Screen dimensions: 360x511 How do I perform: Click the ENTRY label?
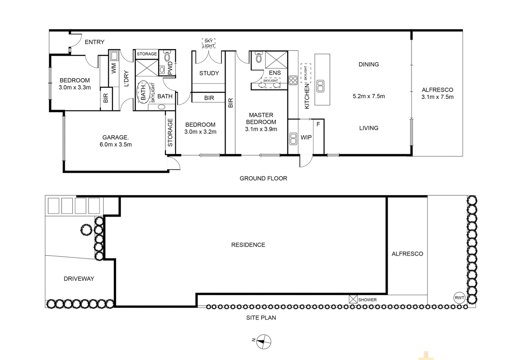94,42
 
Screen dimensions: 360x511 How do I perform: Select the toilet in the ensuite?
258,58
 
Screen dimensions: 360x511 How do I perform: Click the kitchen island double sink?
320,86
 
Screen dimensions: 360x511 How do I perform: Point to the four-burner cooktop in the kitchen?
293,80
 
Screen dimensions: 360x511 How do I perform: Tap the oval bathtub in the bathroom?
143,92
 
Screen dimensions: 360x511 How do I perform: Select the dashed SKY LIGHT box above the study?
208,43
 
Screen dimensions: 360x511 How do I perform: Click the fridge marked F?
318,124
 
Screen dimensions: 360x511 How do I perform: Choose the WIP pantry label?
306,137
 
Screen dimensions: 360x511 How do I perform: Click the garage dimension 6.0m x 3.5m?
115,145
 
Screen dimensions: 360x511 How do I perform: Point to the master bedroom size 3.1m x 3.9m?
261,129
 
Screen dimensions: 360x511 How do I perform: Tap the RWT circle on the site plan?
459,298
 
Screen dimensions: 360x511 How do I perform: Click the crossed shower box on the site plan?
353,299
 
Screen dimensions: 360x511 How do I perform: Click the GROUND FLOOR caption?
263,178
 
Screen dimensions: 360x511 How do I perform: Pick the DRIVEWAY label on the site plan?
79,279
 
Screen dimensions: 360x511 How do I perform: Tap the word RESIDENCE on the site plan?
248,245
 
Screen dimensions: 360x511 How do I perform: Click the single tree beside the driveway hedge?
86,230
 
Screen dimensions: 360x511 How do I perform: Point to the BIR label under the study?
209,98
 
